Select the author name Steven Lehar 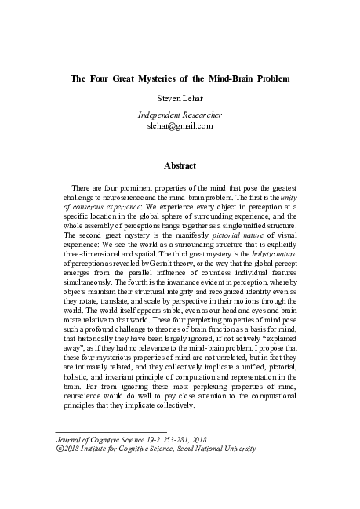pos(180,100)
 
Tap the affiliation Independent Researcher pos(180,115)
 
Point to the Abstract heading pos(180,165)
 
